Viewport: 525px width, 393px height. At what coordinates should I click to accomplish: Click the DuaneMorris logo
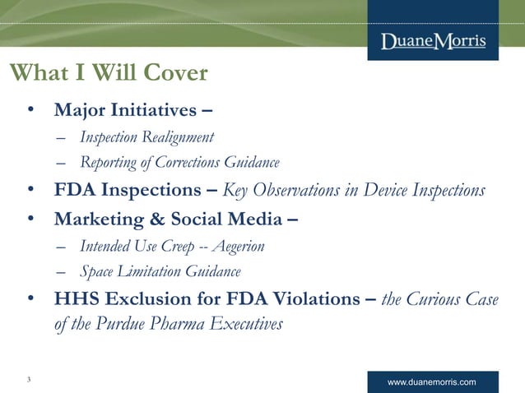pos(433,41)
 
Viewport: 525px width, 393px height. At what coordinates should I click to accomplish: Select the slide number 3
pos(29,379)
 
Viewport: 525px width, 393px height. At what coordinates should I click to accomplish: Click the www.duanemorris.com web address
pos(431,383)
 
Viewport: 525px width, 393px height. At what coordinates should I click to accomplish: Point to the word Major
pos(80,110)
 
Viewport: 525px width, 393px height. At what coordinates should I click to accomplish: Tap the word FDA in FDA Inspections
pos(76,191)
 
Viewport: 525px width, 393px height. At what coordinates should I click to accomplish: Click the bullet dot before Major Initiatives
pos(30,110)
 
